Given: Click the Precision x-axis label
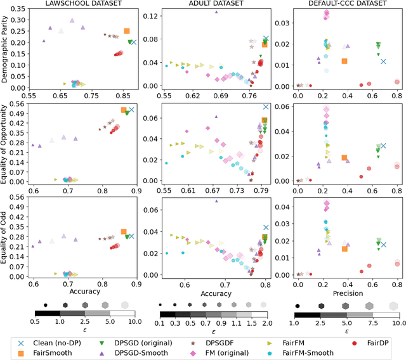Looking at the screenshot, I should pyautogui.click(x=346, y=293).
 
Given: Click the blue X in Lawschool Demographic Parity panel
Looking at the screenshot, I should pyautogui.click(x=133, y=43).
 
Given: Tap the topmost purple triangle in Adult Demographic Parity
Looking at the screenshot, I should pyautogui.click(x=216, y=12).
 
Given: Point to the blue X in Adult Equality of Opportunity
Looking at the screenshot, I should pyautogui.click(x=266, y=106).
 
